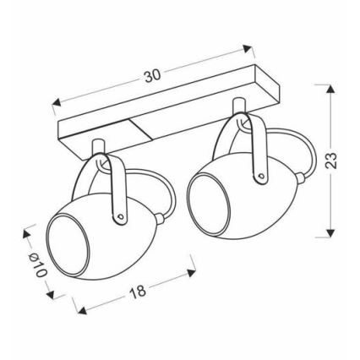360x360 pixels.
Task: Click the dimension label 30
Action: [x=152, y=76]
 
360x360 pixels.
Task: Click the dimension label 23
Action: [x=331, y=161]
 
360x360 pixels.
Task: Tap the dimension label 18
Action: [x=138, y=292]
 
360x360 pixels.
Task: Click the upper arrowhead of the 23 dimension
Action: [x=331, y=89]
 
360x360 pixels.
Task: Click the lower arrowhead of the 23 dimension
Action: [x=331, y=232]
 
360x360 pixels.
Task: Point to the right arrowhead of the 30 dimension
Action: [x=248, y=49]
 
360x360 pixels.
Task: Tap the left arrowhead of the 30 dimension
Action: [x=57, y=102]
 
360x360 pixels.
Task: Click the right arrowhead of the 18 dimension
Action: [x=191, y=272]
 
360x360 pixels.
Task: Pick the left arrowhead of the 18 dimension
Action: [x=82, y=310]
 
